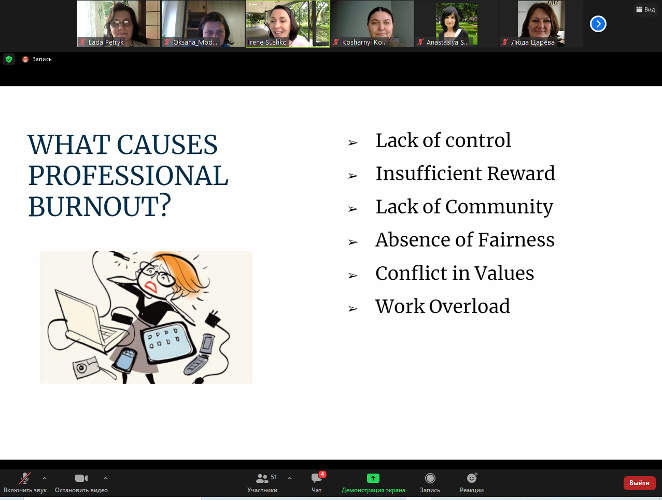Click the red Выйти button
coord(639,483)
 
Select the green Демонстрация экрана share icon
coord(373,478)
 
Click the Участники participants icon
coord(262,478)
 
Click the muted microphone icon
coord(25,478)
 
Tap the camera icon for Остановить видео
coord(81,478)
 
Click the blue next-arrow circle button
coord(598,24)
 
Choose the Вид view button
coord(645,9)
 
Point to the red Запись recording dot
coord(25,60)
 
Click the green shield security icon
coord(9,59)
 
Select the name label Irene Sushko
coord(267,42)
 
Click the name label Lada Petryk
coord(106,42)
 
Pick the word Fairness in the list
coord(516,240)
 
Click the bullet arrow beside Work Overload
coord(353,309)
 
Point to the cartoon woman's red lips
coord(151,287)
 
